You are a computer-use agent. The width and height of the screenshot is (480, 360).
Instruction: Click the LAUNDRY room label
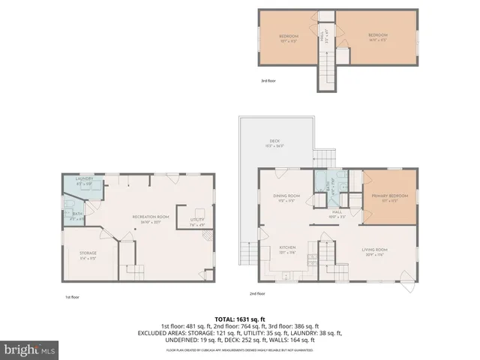[x=84, y=179]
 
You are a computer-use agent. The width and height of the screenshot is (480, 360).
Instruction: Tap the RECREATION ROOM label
[x=151, y=218]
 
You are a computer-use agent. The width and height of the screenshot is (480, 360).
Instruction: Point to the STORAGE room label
[x=88, y=253]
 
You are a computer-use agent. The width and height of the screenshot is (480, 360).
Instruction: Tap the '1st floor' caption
[x=72, y=297]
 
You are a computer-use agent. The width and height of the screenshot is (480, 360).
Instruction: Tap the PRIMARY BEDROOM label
[x=389, y=197]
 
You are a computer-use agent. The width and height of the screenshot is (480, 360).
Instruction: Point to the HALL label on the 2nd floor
[x=337, y=214]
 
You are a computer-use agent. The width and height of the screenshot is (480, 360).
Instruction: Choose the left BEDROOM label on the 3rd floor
[x=289, y=37]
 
